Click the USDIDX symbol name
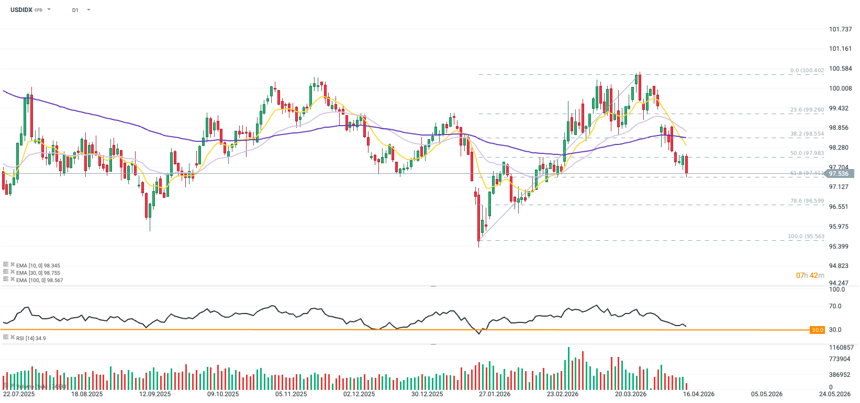click(21, 10)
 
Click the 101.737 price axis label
click(840, 29)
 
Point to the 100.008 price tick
click(840, 88)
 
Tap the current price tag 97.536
click(839, 174)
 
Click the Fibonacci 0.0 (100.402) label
click(807, 70)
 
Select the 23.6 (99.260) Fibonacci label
click(807, 110)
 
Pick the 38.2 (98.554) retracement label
click(807, 134)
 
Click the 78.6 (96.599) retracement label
click(807, 201)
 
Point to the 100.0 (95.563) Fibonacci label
click(806, 237)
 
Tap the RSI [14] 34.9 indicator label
click(31, 339)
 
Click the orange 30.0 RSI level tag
click(817, 330)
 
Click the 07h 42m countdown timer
click(810, 275)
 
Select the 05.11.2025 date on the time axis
click(291, 394)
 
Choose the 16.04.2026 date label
click(699, 394)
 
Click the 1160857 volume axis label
click(841, 348)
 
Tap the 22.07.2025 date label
click(19, 394)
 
